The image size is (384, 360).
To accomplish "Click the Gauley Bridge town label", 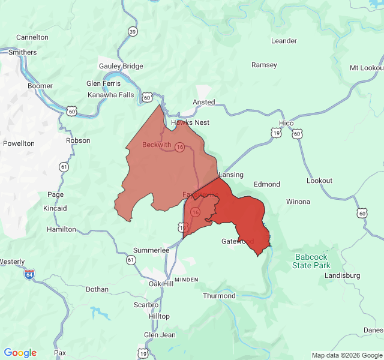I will tap(121, 66).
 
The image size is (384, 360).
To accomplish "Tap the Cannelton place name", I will tap(32, 37).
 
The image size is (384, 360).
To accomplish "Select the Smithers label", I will tap(23, 52).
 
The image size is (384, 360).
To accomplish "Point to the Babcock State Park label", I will tap(312, 261).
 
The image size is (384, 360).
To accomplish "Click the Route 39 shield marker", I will tap(132, 31).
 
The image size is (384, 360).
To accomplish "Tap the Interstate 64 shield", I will tap(29, 274).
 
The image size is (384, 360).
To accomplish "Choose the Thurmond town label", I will tap(219, 296).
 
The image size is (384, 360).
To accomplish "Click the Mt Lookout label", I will tap(367, 68).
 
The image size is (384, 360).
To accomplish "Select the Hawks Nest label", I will tap(190, 122).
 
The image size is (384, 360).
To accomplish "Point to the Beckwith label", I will tap(157, 145).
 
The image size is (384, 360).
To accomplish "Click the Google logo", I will tap(20, 353).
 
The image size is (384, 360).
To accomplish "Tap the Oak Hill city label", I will tap(161, 284).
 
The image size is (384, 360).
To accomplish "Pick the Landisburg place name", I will tap(342, 275).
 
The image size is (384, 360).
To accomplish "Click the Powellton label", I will tap(19, 143).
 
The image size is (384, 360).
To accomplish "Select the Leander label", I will tap(284, 41).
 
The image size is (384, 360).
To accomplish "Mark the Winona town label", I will tap(298, 202).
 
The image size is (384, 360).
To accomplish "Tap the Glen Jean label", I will tap(160, 335).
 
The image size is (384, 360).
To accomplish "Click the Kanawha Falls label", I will tap(111, 95).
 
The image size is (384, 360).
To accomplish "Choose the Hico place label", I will tap(286, 123).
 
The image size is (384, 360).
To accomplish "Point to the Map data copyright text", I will tap(346, 355).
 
